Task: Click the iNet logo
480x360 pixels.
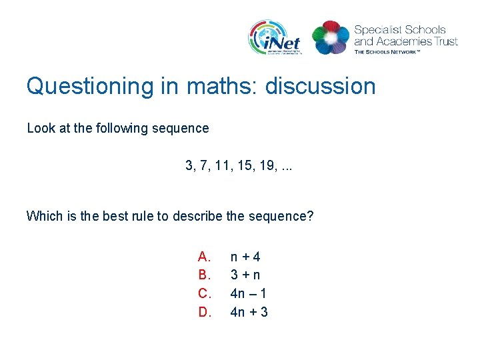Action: click(x=275, y=38)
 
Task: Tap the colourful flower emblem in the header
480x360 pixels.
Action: click(x=330, y=38)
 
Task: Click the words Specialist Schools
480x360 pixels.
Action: click(x=399, y=30)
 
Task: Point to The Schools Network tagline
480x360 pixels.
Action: click(x=387, y=51)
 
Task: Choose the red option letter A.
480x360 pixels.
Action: click(x=204, y=257)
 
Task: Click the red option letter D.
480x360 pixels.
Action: click(x=204, y=311)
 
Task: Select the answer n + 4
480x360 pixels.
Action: click(x=245, y=257)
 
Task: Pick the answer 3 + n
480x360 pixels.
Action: click(x=245, y=275)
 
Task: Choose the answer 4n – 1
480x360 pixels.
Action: click(x=249, y=293)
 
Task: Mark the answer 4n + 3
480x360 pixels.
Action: click(x=249, y=311)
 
